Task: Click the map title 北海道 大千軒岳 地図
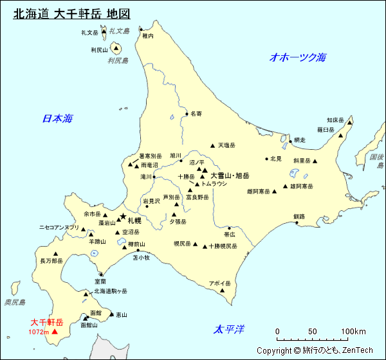pos(71,14)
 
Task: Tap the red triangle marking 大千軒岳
pos(55,332)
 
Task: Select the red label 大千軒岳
pos(47,322)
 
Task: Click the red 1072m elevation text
pos(39,332)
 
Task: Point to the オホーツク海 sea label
pos(298,57)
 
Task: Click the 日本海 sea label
pos(57,118)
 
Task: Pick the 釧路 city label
pos(299,217)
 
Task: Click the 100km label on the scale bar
pos(353,332)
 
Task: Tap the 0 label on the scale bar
pos(277,332)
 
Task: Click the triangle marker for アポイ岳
pos(222,291)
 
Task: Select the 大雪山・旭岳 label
pos(230,175)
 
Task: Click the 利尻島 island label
pos(118,61)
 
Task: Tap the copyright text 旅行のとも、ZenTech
pos(315,350)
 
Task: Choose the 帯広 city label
pos(229,235)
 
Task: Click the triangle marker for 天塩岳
pos(212,145)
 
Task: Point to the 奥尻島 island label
pos(14,302)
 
